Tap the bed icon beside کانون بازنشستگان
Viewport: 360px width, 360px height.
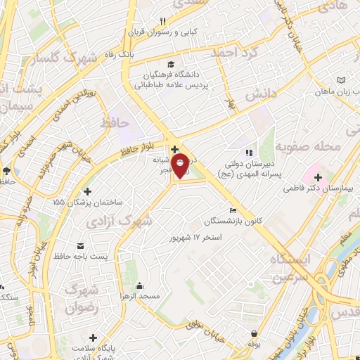233,210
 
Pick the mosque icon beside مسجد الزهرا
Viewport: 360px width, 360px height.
139,285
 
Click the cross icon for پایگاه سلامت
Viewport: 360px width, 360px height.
92,338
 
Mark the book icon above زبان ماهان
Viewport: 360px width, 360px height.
342,81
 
